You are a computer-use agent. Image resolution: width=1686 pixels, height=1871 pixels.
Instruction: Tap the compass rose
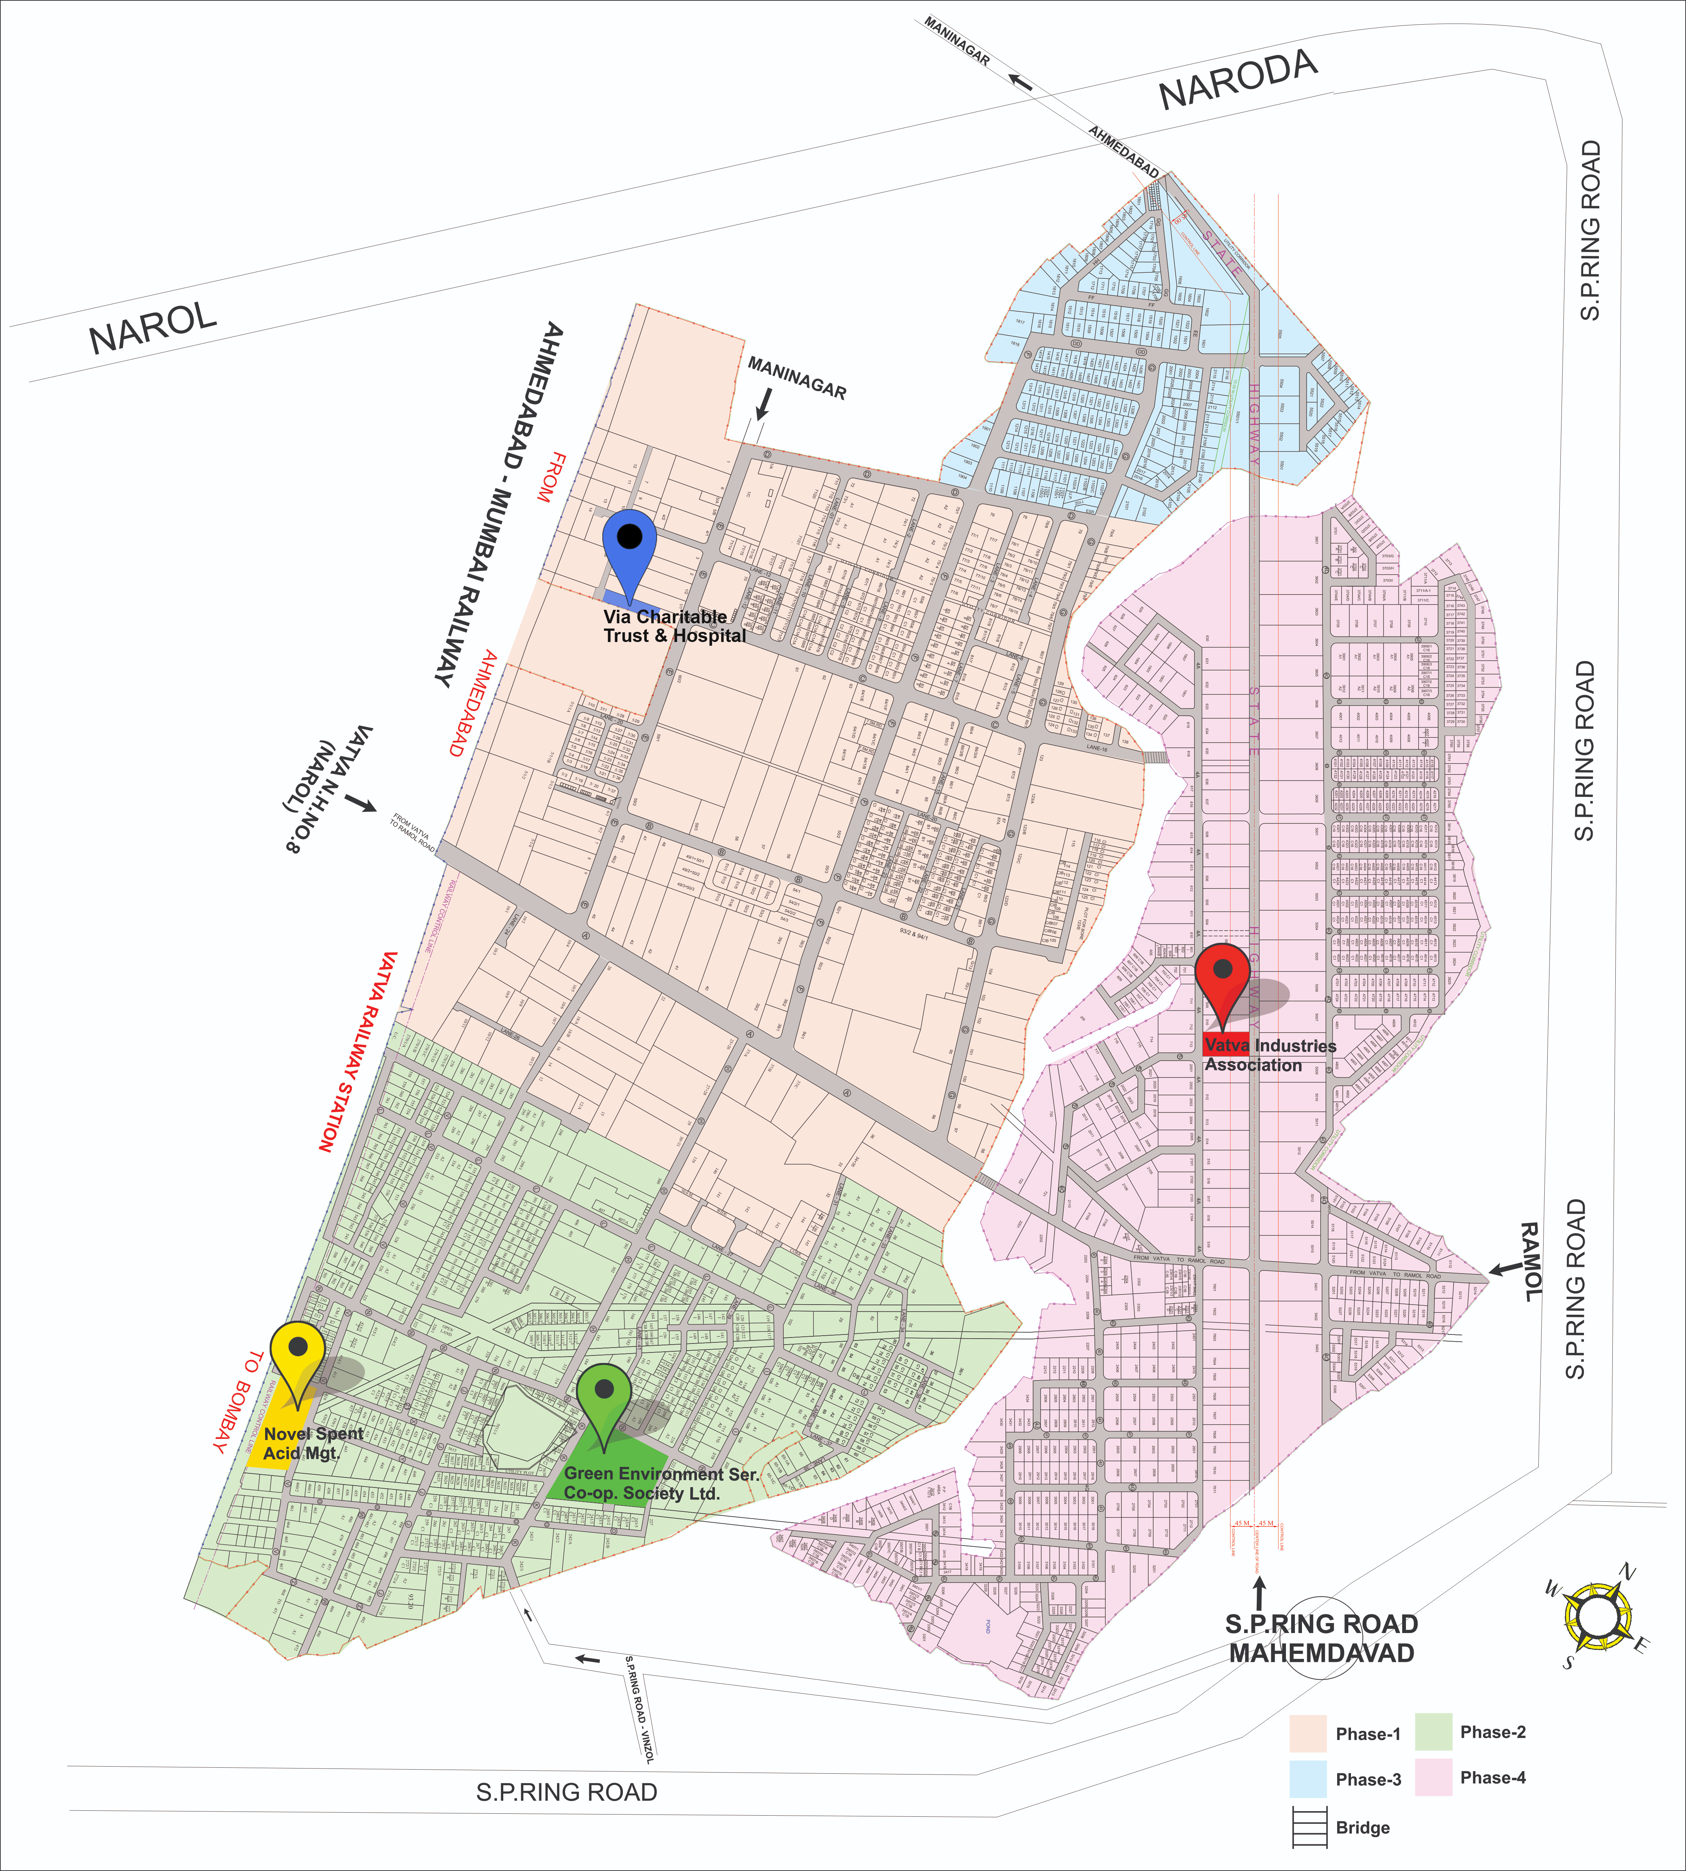pos(1595,1617)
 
